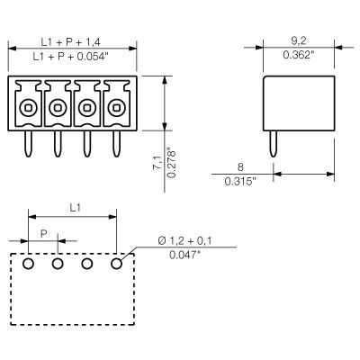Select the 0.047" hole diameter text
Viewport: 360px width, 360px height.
pos(186,256)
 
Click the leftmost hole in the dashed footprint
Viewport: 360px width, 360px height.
pos(29,264)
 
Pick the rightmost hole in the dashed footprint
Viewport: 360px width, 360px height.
pos(116,264)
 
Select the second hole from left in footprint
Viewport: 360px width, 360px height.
pos(58,264)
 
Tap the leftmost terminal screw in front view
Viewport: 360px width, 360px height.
pos(29,108)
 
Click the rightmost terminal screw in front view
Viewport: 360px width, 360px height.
pos(115,108)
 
